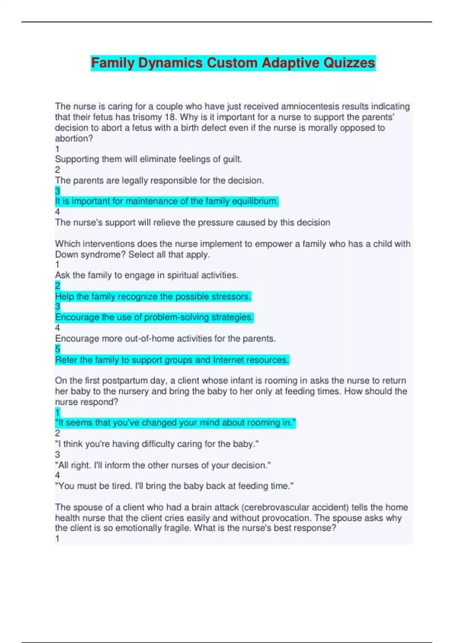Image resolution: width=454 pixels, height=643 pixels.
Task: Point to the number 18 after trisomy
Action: [x=170, y=117]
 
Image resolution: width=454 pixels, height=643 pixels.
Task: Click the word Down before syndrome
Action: [x=67, y=255]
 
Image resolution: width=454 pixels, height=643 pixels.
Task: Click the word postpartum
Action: [x=125, y=381]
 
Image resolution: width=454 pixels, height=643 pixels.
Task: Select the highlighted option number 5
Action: [x=58, y=349]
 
